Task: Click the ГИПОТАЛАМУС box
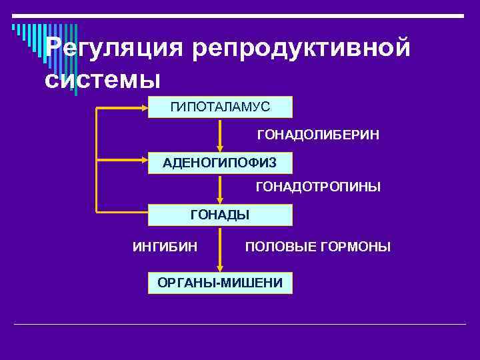(220, 107)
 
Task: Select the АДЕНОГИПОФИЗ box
(220, 161)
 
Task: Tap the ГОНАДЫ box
(220, 215)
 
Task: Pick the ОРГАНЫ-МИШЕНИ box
(220, 283)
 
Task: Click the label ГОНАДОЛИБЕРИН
(318, 135)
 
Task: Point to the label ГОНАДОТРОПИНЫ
(318, 188)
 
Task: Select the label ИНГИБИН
(165, 247)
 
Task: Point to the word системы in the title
(103, 79)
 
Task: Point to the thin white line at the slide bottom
(240, 325)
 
